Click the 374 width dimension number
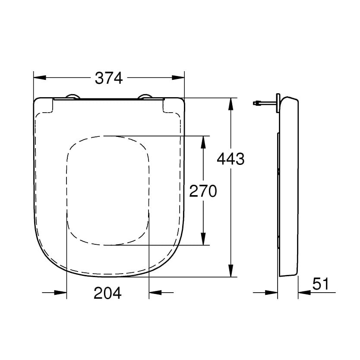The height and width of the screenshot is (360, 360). pos(109,78)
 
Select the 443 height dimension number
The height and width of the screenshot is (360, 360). pos(230,159)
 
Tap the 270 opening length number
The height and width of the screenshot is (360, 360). pos(202,191)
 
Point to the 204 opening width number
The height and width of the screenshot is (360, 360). pos(107,293)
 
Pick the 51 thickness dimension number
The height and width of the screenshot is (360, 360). pos(320,284)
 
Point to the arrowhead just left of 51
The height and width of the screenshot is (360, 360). pos(304,293)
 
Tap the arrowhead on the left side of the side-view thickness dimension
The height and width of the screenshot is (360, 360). pos(272,293)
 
